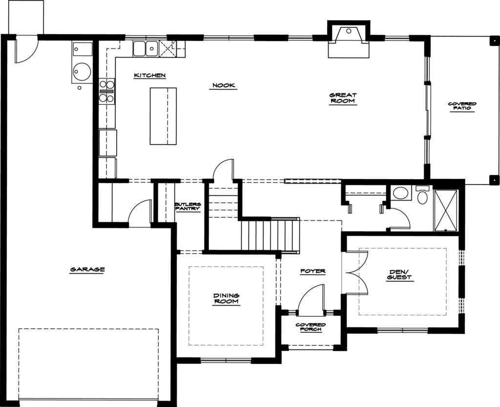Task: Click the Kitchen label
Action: click(x=149, y=76)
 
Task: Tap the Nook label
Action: click(x=224, y=85)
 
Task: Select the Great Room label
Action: click(x=343, y=98)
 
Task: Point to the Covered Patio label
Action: click(x=462, y=106)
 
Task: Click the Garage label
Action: click(x=87, y=269)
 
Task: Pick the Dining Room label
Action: click(x=226, y=299)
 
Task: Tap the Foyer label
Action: click(x=313, y=271)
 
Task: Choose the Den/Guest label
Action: click(x=399, y=275)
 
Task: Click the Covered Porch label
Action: click(x=311, y=327)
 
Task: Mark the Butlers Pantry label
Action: click(x=188, y=206)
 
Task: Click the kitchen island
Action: click(x=163, y=116)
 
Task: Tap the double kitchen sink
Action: click(x=146, y=49)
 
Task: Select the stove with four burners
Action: click(x=107, y=91)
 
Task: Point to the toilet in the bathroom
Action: click(x=422, y=195)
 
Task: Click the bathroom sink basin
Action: click(x=399, y=193)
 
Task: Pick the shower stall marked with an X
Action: click(x=446, y=210)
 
